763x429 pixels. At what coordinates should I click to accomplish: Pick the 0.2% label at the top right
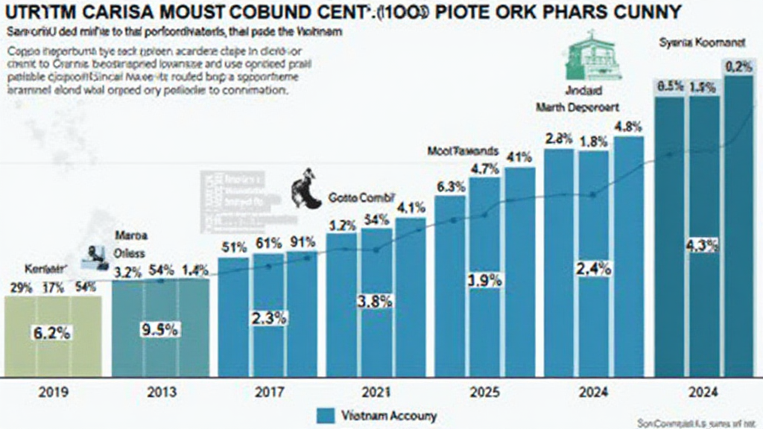(x=738, y=67)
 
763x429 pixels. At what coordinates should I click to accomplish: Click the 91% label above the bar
(x=303, y=242)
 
